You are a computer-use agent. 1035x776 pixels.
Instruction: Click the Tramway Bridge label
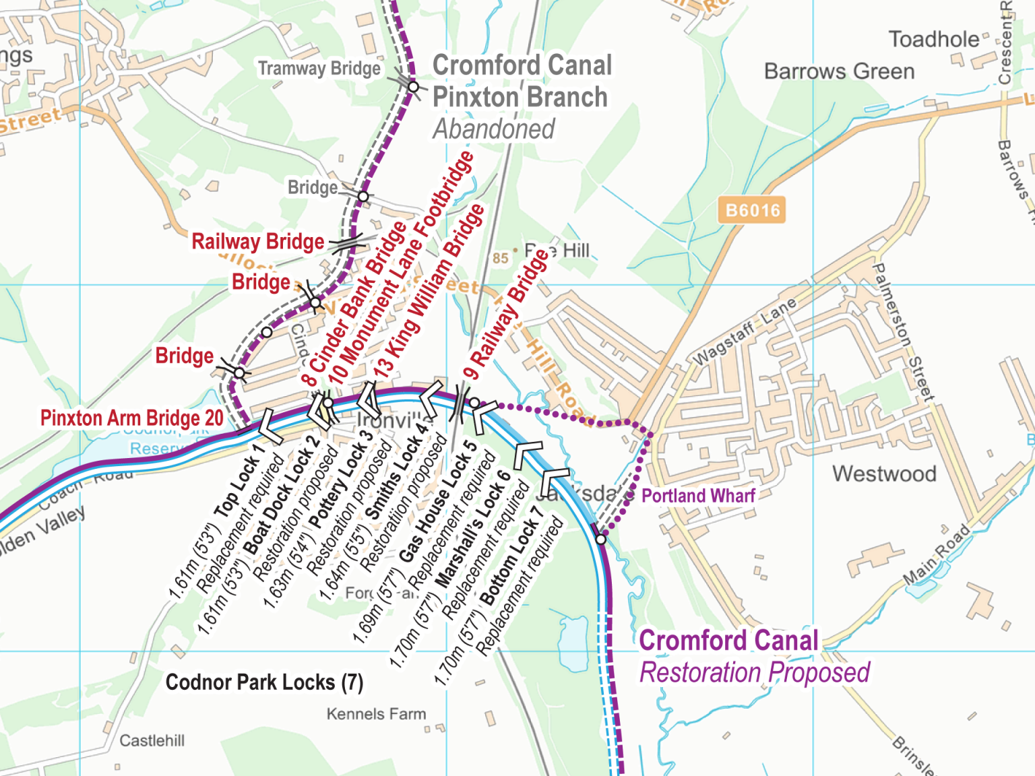pyautogui.click(x=319, y=69)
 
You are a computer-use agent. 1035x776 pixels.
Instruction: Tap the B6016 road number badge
pyautogui.click(x=752, y=211)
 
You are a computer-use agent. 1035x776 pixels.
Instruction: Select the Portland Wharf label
pyautogui.click(x=697, y=496)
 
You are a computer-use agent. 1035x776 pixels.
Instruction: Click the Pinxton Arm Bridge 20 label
pyautogui.click(x=132, y=418)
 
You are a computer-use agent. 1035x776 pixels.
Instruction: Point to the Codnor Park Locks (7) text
pyautogui.click(x=264, y=682)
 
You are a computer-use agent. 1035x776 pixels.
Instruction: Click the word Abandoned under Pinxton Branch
pyautogui.click(x=494, y=129)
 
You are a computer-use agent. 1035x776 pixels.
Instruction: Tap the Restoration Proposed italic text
pyautogui.click(x=754, y=673)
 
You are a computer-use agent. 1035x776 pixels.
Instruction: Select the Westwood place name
pyautogui.click(x=884, y=474)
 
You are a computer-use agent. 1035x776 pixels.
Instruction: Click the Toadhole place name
pyautogui.click(x=933, y=40)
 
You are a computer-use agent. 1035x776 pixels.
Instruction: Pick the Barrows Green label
pyautogui.click(x=839, y=71)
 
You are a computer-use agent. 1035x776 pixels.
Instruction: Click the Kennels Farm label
pyautogui.click(x=376, y=714)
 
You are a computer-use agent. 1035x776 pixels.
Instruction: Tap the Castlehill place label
pyautogui.click(x=152, y=741)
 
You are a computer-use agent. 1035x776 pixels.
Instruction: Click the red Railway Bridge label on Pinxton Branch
pyautogui.click(x=257, y=242)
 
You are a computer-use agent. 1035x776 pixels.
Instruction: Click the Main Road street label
pyautogui.click(x=937, y=554)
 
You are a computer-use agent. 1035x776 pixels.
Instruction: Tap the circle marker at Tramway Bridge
pyautogui.click(x=414, y=86)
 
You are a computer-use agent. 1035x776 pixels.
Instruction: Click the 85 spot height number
pyautogui.click(x=500, y=258)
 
